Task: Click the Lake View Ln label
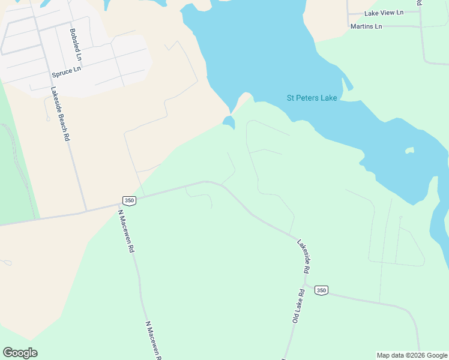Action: tap(384, 13)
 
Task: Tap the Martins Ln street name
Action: tap(366, 26)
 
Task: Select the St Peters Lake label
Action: tap(312, 98)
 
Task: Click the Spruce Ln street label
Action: tap(66, 73)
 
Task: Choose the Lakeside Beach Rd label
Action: tap(60, 114)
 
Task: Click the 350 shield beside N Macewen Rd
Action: tap(128, 200)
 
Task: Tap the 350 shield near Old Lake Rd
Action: tap(321, 290)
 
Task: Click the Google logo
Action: tap(20, 353)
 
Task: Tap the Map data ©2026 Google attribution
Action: tap(412, 355)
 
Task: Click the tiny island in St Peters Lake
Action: tap(409, 150)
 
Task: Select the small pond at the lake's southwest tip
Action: tap(229, 122)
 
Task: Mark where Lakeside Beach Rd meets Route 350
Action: tap(86, 211)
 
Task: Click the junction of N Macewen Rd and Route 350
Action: tap(119, 205)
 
